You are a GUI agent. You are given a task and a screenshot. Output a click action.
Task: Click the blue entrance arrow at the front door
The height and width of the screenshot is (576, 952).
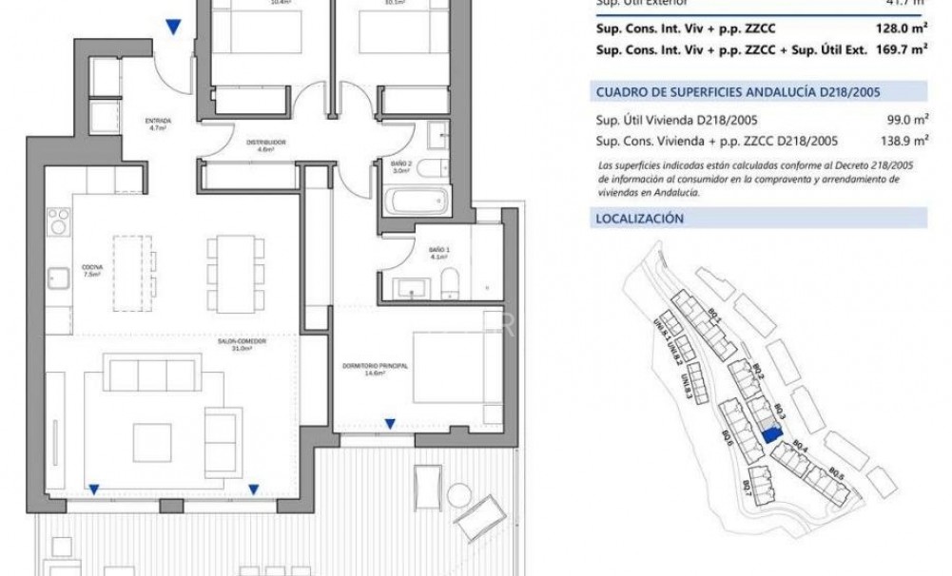[x=172, y=29]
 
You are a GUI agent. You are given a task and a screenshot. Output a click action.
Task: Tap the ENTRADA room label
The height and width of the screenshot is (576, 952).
[x=158, y=125]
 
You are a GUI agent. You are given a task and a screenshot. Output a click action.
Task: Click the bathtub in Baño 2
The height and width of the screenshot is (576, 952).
[x=416, y=202]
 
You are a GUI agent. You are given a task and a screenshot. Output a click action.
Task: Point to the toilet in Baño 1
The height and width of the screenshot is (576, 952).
[x=452, y=282]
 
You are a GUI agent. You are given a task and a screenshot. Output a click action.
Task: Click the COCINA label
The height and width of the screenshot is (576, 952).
[x=91, y=270]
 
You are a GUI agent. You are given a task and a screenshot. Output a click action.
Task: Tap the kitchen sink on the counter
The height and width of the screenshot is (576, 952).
[x=58, y=278]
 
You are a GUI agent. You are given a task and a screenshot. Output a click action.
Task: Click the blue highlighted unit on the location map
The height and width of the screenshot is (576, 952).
[x=770, y=433]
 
